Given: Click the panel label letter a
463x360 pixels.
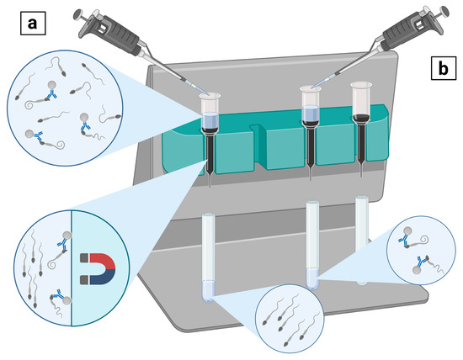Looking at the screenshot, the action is tap(33, 23).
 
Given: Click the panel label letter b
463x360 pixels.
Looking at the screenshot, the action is tap(443, 68).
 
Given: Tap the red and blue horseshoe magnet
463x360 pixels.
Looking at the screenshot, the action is tap(98, 268).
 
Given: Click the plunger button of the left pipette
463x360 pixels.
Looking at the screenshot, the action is tap(78, 14).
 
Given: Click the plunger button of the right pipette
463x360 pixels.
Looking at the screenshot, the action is tap(444, 11).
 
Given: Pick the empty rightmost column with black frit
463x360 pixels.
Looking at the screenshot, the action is tap(361, 130).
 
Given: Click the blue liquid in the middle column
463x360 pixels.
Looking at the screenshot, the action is tap(310, 113).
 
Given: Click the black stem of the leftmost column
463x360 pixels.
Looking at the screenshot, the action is tap(210, 153).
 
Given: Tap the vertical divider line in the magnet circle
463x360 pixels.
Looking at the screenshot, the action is tap(72, 268).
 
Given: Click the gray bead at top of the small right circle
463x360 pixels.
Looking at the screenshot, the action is tap(407, 230).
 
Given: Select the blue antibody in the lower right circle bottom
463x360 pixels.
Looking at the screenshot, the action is tap(420, 262).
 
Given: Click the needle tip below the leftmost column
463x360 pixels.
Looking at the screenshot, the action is tap(210, 188).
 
